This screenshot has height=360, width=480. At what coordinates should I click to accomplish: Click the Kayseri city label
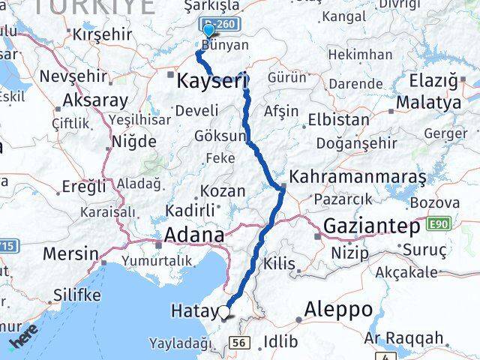coord(212,80)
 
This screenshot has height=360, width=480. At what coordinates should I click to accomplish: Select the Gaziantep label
coord(372,225)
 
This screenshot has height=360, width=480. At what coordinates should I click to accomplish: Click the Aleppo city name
coord(338,308)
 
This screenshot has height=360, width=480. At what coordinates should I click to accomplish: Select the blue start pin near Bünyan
coord(208,31)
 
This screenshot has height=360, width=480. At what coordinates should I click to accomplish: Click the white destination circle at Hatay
coord(223,312)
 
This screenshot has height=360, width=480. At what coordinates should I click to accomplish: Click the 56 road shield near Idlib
coord(240,343)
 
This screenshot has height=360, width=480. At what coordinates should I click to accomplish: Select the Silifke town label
coord(76,295)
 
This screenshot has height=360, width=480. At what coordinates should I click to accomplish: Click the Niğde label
coord(133,142)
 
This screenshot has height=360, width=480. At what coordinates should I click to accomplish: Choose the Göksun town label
coord(220,136)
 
